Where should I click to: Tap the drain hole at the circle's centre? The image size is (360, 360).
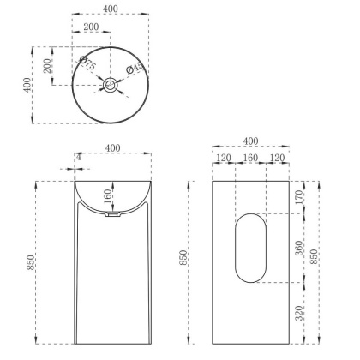click(x=111, y=85)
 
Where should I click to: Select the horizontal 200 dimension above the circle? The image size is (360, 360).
click(x=90, y=27)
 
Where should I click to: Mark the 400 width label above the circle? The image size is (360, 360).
click(x=111, y=9)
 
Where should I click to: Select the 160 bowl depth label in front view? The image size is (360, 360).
click(x=106, y=197)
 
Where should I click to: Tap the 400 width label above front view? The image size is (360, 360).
click(x=111, y=148)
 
